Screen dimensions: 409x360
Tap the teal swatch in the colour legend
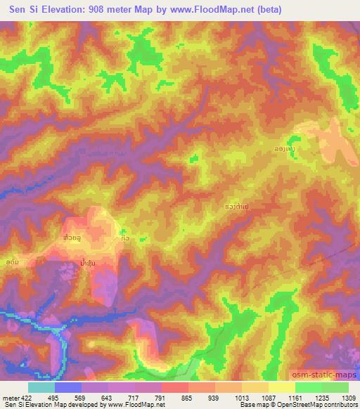point(41,387)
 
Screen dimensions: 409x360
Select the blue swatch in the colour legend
point(68,387)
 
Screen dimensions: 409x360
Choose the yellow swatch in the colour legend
point(282,387)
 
